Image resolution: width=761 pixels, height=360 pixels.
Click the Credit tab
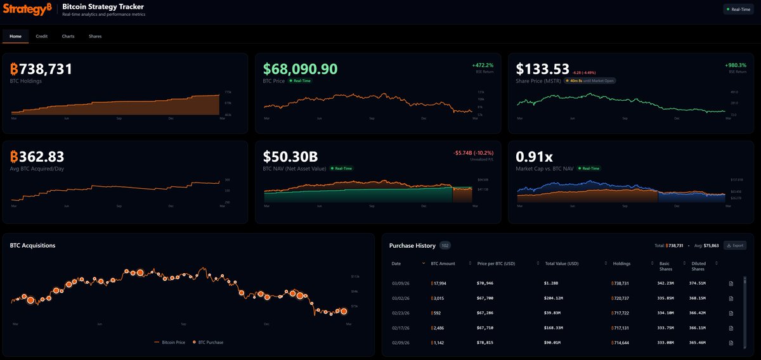41,36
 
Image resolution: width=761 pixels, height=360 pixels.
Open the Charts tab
68,36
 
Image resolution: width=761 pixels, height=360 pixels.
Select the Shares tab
95,36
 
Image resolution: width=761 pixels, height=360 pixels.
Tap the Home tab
15,36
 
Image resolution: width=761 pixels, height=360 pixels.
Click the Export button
735,245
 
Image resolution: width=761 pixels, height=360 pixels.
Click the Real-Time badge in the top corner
739,10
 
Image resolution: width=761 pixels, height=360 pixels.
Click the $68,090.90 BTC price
301,69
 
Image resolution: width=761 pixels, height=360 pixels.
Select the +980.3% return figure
736,65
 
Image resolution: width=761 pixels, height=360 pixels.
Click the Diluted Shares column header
698,266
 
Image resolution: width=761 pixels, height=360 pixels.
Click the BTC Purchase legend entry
209,342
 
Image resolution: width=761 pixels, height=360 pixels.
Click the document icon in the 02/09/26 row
731,343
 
